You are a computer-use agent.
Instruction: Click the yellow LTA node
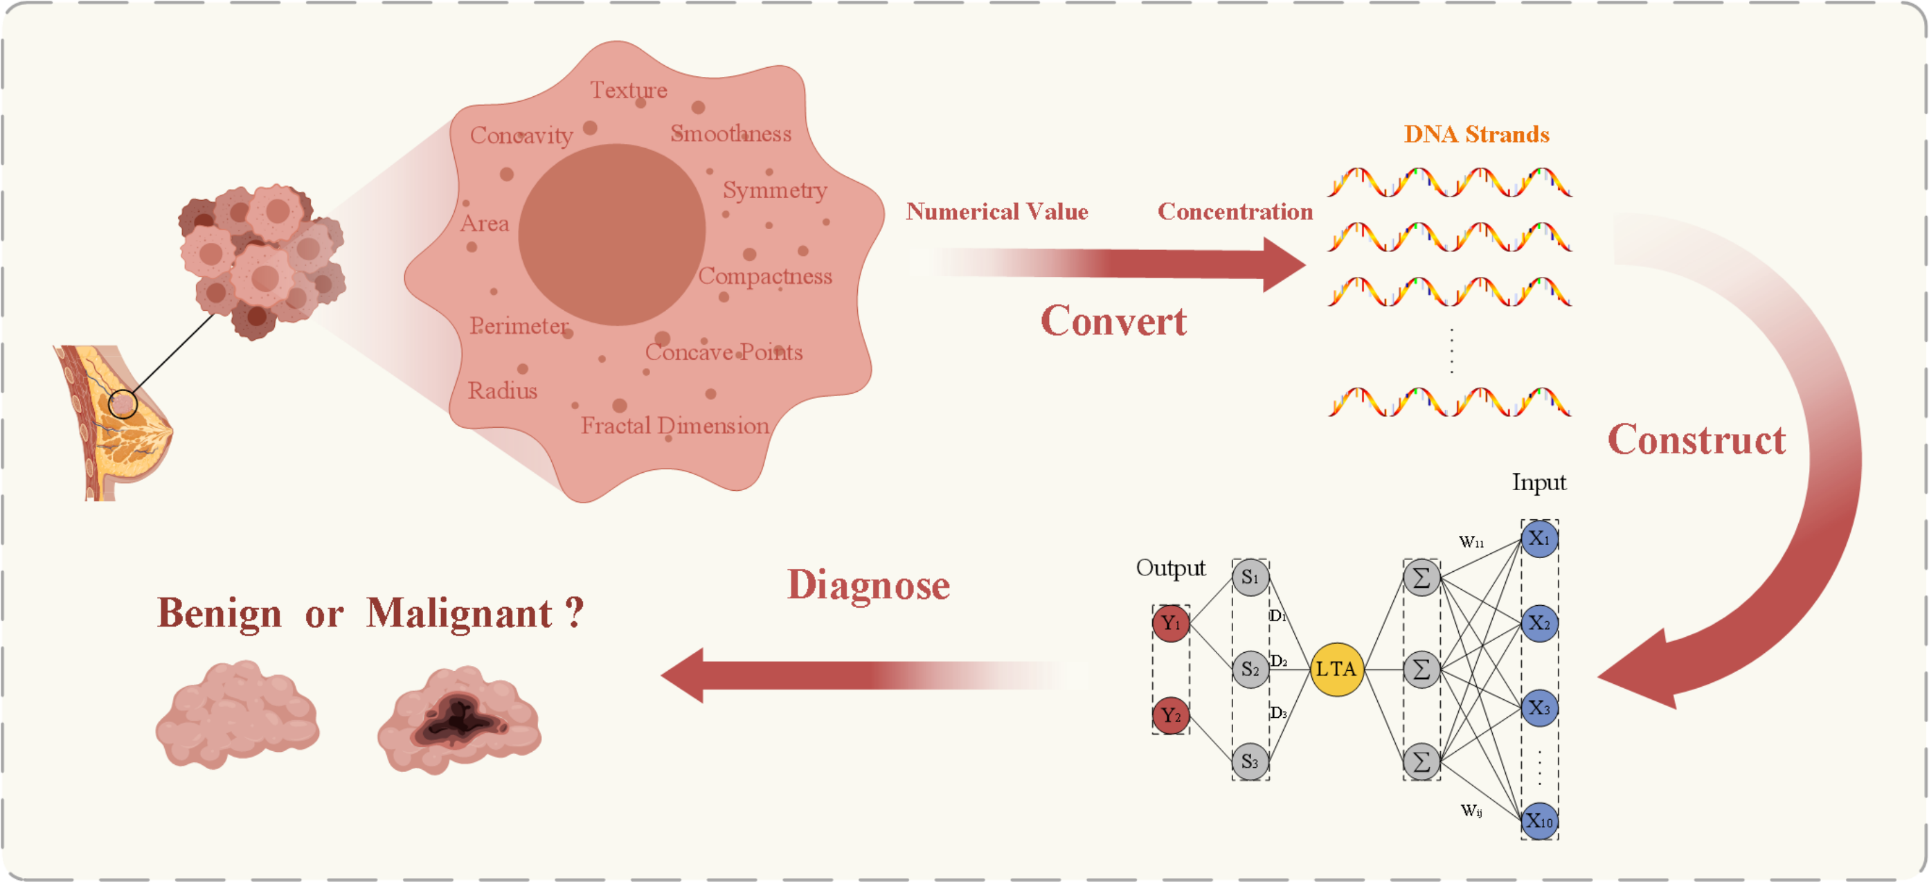(1336, 669)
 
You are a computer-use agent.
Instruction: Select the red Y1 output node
(1170, 624)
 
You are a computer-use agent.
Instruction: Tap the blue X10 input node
(1539, 820)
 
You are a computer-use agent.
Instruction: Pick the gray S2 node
(1250, 669)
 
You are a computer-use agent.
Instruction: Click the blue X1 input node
(1539, 539)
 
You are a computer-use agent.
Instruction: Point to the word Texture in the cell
(628, 90)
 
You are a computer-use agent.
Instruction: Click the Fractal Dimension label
(674, 425)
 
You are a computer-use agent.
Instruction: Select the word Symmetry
(774, 190)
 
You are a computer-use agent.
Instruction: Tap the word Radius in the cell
(503, 390)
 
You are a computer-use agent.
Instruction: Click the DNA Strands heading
(1476, 134)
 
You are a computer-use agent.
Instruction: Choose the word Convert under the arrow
(1113, 321)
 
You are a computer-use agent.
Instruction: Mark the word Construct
(1696, 440)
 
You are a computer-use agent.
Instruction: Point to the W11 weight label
(1471, 541)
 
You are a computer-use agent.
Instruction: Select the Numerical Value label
(997, 212)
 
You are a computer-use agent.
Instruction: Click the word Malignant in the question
(458, 613)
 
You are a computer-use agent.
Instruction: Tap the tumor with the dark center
(458, 719)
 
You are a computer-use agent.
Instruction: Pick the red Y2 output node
(1170, 715)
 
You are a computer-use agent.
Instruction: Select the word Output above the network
(1170, 568)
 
